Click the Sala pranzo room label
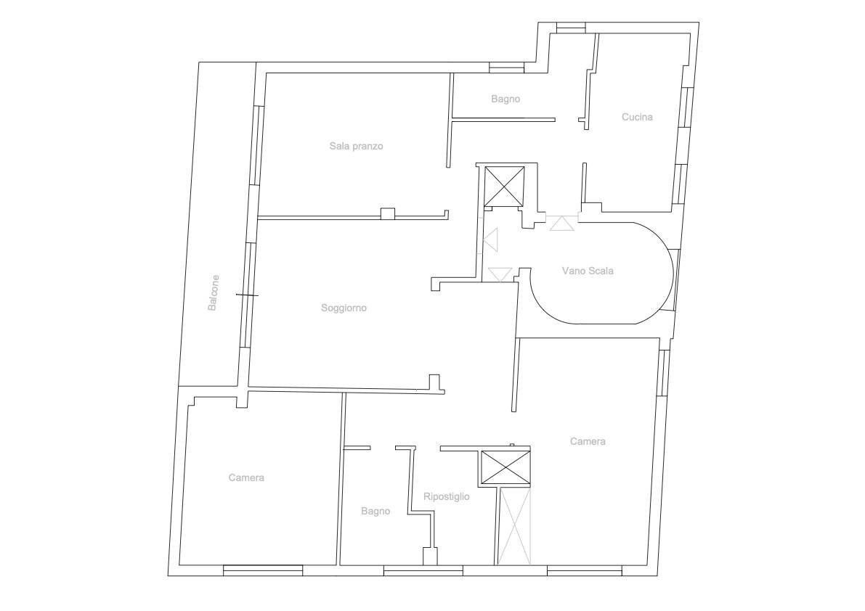coord(356,146)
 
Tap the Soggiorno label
coord(344,308)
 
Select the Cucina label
coord(637,117)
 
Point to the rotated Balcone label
coord(213,292)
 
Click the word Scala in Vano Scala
coord(601,271)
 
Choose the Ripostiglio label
coord(446,496)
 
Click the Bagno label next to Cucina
coord(505,99)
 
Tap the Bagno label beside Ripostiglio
coord(375,512)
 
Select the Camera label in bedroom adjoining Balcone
coord(246,477)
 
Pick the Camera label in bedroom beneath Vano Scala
coord(588,441)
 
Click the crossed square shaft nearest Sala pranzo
coord(503,186)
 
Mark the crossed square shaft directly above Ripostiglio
coord(506,468)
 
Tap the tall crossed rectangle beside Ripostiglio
coord(514,526)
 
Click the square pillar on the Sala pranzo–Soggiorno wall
coord(389,214)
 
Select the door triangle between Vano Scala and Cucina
coord(562,223)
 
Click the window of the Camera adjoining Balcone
coord(263,570)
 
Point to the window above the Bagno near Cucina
coord(506,67)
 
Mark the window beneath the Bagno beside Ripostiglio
coord(423,571)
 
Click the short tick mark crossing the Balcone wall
coord(247,295)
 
